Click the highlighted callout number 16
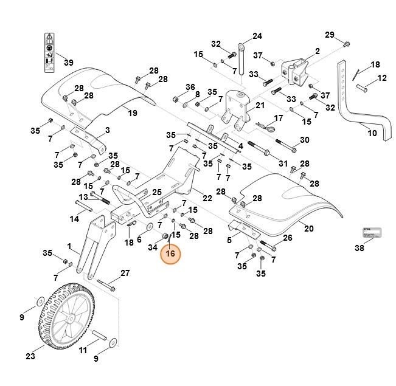pyautogui.click(x=170, y=253)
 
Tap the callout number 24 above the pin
pyautogui.click(x=257, y=36)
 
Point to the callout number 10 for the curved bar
pyautogui.click(x=372, y=132)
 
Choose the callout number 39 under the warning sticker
pyautogui.click(x=69, y=63)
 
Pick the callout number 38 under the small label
pyautogui.click(x=359, y=248)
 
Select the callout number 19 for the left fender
pyautogui.click(x=132, y=112)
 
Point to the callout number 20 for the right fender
pyautogui.click(x=308, y=229)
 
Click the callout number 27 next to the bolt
pyautogui.click(x=125, y=273)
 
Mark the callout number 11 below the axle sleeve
pyautogui.click(x=83, y=350)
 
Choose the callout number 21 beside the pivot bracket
pyautogui.click(x=260, y=105)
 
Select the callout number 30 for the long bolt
pyautogui.click(x=304, y=140)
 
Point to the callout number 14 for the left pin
pyautogui.click(x=75, y=218)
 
